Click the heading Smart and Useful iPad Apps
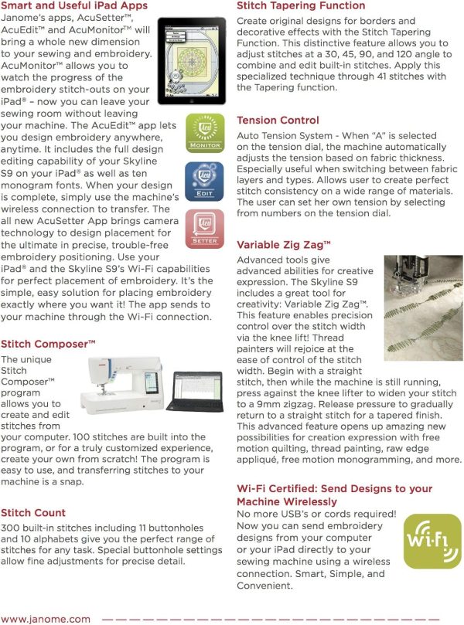click(x=74, y=6)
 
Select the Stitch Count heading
click(x=33, y=513)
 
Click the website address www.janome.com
click(x=46, y=619)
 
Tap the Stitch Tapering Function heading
click(x=300, y=5)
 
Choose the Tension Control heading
click(x=278, y=121)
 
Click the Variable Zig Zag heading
click(x=284, y=245)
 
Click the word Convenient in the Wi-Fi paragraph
click(x=264, y=586)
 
